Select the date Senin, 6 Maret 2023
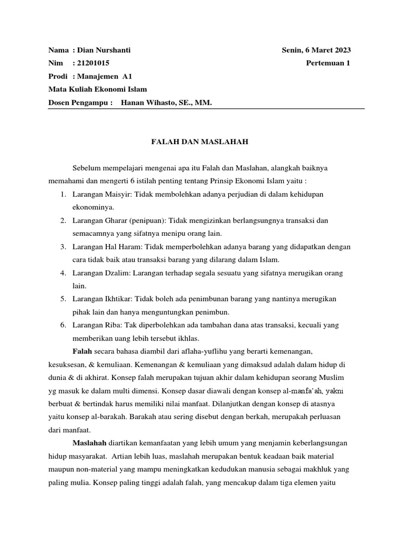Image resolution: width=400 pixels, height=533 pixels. (316, 50)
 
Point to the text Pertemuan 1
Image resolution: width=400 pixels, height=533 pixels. (329, 63)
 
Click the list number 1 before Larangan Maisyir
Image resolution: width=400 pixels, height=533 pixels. (62, 194)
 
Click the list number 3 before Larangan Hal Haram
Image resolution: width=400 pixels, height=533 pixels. (62, 246)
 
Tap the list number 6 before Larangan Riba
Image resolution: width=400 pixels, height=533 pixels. (62, 325)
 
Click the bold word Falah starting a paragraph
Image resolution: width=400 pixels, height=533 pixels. (82, 351)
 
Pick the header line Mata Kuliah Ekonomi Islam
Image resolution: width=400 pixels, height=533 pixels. (97, 90)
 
